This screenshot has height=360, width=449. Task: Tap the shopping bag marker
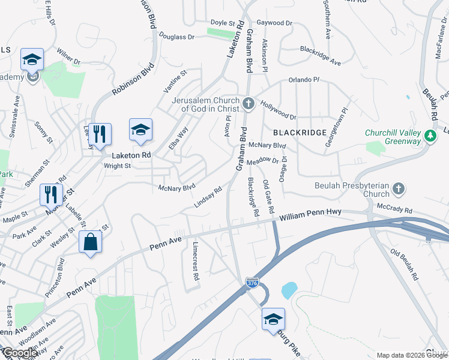pyautogui.click(x=90, y=242)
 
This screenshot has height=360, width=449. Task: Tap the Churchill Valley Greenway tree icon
pyautogui.click(x=430, y=137)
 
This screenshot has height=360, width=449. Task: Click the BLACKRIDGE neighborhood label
pyautogui.click(x=300, y=132)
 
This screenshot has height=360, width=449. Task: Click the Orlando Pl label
pyautogui.click(x=304, y=80)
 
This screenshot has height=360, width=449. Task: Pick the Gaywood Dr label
pyautogui.click(x=274, y=23)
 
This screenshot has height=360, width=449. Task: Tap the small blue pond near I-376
pyautogui.click(x=289, y=290)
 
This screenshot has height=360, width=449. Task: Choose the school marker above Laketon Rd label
pyautogui.click(x=140, y=130)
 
